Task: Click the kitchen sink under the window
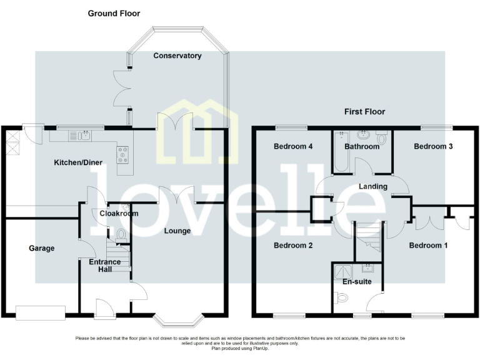(x=81, y=134)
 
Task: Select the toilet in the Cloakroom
(x=122, y=234)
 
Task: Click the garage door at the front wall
(x=41, y=311)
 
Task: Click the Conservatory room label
(x=178, y=56)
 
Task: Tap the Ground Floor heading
(x=114, y=13)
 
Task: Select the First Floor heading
(x=364, y=112)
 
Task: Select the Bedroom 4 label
(x=293, y=146)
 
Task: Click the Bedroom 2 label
(x=293, y=246)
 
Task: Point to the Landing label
(x=372, y=186)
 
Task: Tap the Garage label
(x=42, y=248)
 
